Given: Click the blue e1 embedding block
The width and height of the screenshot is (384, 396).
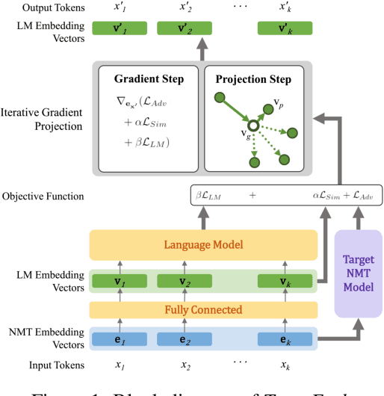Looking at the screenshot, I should click(x=116, y=338).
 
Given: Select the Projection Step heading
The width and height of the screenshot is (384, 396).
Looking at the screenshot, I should click(x=254, y=78).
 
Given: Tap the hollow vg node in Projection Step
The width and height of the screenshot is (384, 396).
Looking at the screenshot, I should click(x=254, y=126).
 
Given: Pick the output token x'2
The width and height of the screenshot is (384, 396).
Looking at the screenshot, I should click(x=184, y=8).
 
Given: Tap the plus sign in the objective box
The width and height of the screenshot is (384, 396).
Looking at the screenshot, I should click(x=252, y=197).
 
